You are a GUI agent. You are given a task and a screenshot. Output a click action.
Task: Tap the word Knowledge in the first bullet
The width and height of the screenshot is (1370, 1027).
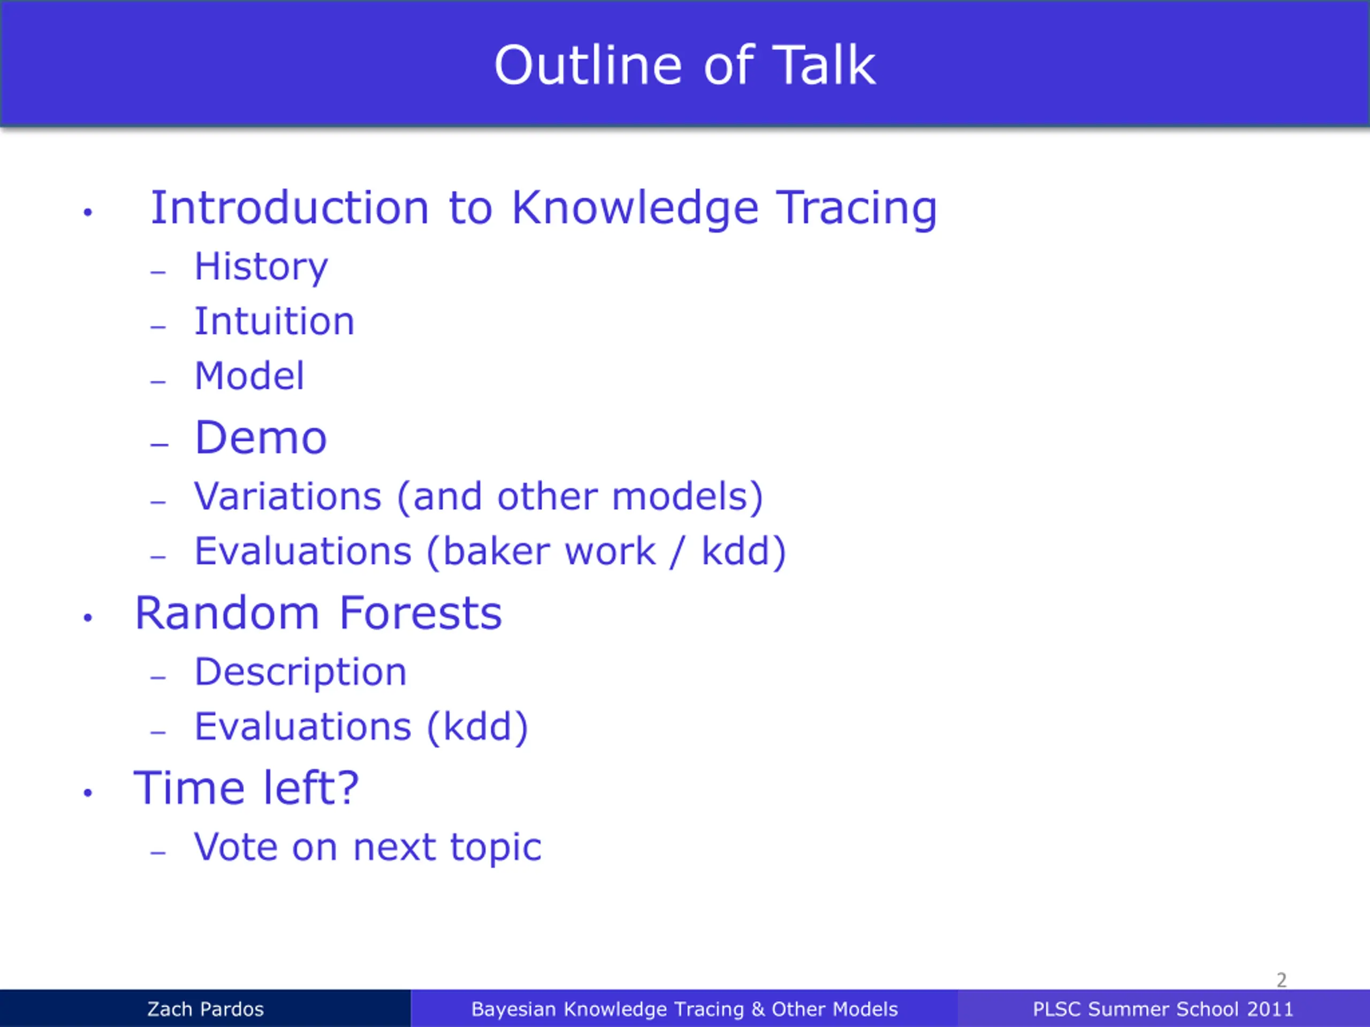click(x=635, y=209)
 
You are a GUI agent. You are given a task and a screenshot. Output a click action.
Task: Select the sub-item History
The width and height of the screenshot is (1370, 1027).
click(x=261, y=267)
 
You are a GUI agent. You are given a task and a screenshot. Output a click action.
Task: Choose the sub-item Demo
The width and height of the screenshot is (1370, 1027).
click(x=261, y=437)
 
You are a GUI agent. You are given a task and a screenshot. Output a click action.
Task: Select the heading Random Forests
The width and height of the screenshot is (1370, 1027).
click(x=318, y=613)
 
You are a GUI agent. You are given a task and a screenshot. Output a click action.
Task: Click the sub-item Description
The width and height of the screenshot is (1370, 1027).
click(x=300, y=673)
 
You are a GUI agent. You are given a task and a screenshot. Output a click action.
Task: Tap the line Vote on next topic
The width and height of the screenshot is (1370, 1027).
click(x=368, y=847)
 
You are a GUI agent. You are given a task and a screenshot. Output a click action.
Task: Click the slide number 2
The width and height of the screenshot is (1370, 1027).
click(x=1282, y=980)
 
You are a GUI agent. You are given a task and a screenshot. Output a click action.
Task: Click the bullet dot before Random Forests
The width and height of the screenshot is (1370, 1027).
click(x=87, y=617)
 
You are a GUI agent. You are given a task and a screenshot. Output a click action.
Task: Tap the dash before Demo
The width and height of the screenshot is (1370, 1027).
click(x=159, y=444)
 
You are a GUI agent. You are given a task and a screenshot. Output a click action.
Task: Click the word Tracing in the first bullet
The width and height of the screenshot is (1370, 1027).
click(x=857, y=209)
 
